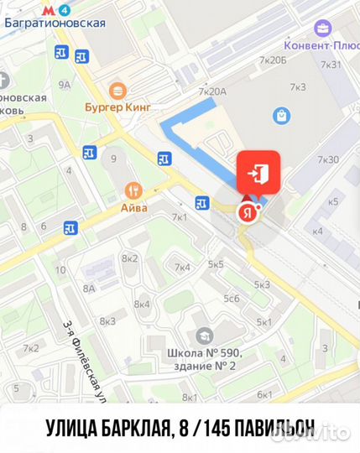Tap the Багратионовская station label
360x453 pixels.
pos(54,23)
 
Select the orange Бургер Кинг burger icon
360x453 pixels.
pos(118,90)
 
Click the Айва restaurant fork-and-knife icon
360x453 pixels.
pos(133,190)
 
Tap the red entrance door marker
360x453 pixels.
pos(258,174)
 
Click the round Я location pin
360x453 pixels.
pos(247,212)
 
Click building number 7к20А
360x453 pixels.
pos(213,91)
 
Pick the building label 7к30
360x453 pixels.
pos(328,159)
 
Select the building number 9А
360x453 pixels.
pos(65,84)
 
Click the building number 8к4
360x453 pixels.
pos(142,304)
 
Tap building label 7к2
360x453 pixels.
pos(31,348)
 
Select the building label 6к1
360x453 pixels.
pos(265,394)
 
